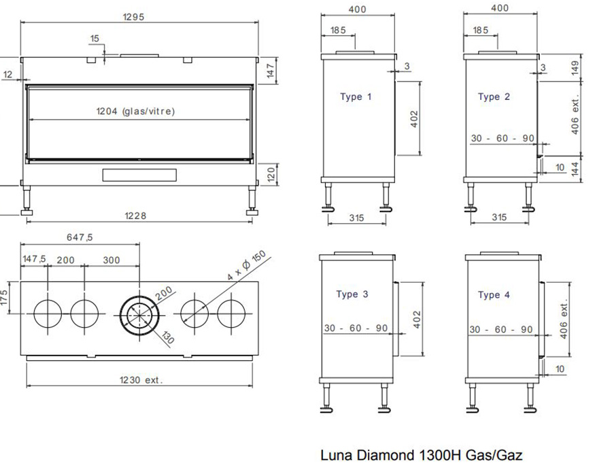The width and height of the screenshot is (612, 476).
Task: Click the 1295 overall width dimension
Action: coord(133,17)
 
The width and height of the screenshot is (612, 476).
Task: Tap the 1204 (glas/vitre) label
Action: coord(135,112)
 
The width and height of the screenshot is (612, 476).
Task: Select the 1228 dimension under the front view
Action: coord(135,216)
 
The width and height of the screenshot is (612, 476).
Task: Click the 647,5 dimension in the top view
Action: coord(80,237)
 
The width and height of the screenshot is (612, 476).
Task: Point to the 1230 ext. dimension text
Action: coord(141,380)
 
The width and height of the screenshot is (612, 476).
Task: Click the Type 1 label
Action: coord(356,97)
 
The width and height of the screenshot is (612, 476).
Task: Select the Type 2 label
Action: coord(494,97)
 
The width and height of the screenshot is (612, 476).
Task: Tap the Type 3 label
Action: coord(352,294)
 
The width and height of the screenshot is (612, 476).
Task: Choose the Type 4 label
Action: coord(494,295)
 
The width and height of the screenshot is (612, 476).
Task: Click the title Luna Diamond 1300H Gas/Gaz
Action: coord(421,456)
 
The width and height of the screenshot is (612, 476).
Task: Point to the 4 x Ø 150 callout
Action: coord(247,265)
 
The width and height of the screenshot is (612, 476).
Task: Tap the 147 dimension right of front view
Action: coord(271,71)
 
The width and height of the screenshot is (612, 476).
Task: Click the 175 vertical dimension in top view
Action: coord(4,298)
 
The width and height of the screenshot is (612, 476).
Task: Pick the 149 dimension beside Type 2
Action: coord(575,67)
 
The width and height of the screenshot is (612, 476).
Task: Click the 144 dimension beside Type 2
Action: coord(575,169)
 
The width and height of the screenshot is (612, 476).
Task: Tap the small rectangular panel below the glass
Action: coord(139,175)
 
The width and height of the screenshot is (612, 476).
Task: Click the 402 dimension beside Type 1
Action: coord(414,119)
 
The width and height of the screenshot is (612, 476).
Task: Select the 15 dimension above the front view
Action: coord(95,39)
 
